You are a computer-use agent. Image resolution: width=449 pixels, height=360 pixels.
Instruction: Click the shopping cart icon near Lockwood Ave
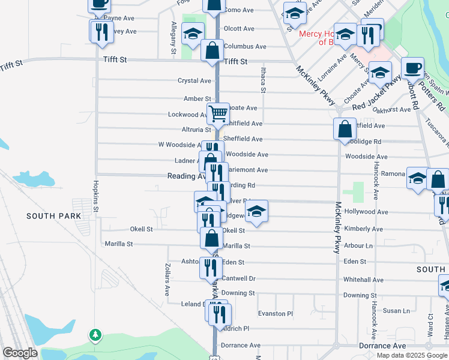[218, 113]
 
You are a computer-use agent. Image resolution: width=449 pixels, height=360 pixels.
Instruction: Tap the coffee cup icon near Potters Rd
[412, 67]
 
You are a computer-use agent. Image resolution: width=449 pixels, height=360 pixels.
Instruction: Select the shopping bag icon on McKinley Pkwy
[345, 129]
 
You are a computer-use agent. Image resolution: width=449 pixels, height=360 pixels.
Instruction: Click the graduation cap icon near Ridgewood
[256, 211]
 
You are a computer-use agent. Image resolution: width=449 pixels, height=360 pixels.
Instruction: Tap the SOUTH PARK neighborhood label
[53, 215]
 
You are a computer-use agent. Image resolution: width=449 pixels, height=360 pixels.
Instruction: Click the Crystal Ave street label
[194, 80]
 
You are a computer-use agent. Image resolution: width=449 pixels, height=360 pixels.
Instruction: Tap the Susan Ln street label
[396, 311]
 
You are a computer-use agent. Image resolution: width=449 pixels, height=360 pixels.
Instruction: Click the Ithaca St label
[263, 80]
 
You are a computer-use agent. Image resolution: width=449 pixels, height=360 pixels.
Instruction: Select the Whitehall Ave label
[363, 280]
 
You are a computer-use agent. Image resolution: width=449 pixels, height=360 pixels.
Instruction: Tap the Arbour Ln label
[359, 245]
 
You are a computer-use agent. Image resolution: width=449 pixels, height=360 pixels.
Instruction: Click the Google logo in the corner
[20, 353]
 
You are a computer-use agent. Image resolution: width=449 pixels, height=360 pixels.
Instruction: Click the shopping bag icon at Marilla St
[211, 239]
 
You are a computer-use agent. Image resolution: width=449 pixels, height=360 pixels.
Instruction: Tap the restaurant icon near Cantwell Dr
[211, 266]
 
